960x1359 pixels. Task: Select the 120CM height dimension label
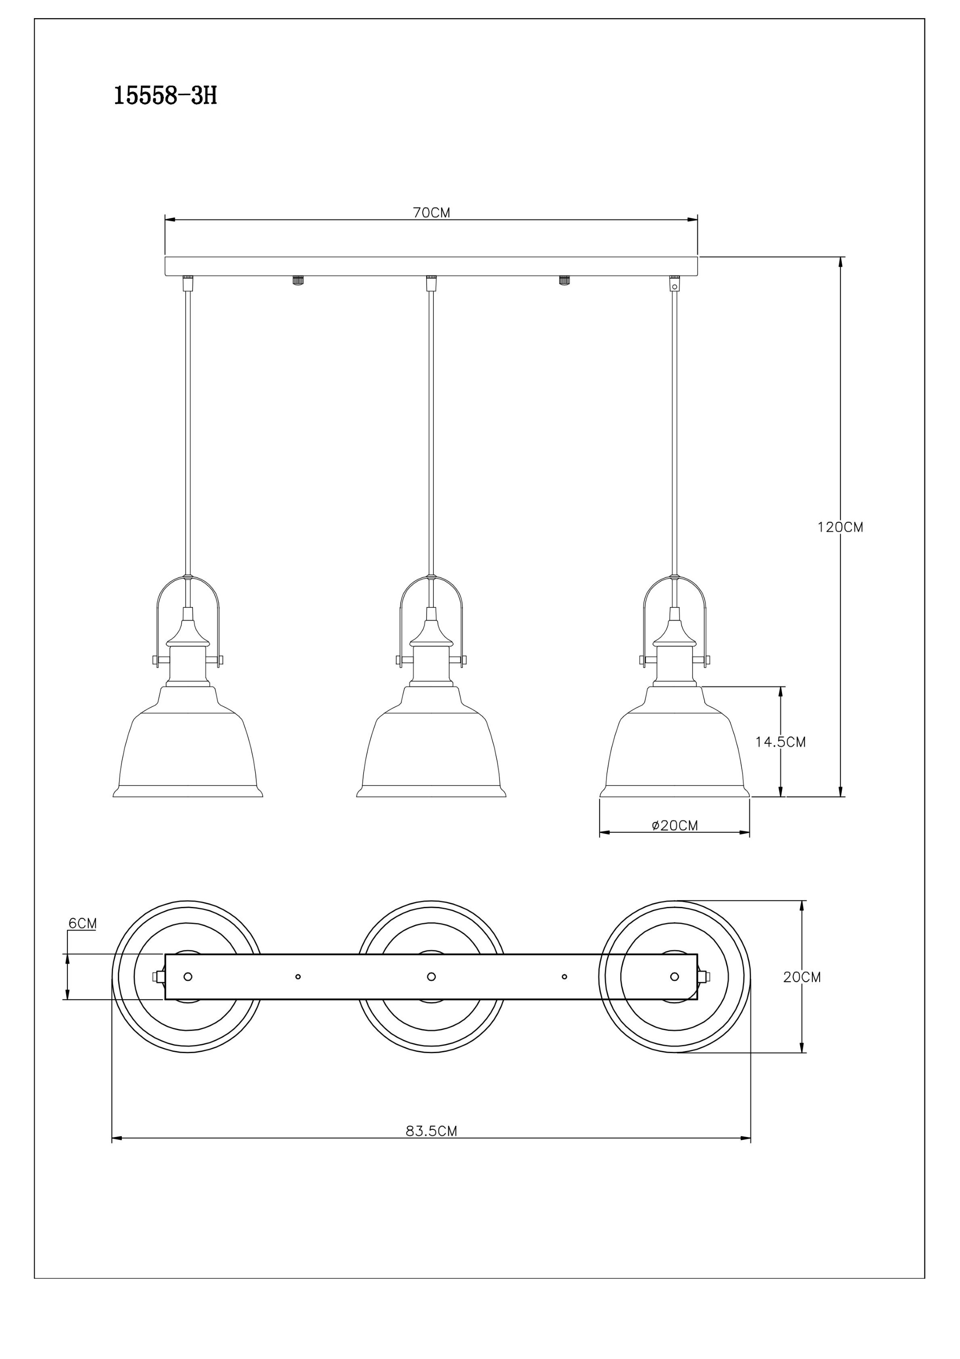840,527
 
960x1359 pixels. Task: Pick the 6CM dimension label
82,923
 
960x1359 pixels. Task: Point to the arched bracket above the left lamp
188,578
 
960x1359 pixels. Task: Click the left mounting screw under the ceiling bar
298,280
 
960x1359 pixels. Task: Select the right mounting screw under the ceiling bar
564,280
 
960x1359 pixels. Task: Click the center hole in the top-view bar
431,977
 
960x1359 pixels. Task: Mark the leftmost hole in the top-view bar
188,977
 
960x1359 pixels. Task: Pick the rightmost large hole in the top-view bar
674,977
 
